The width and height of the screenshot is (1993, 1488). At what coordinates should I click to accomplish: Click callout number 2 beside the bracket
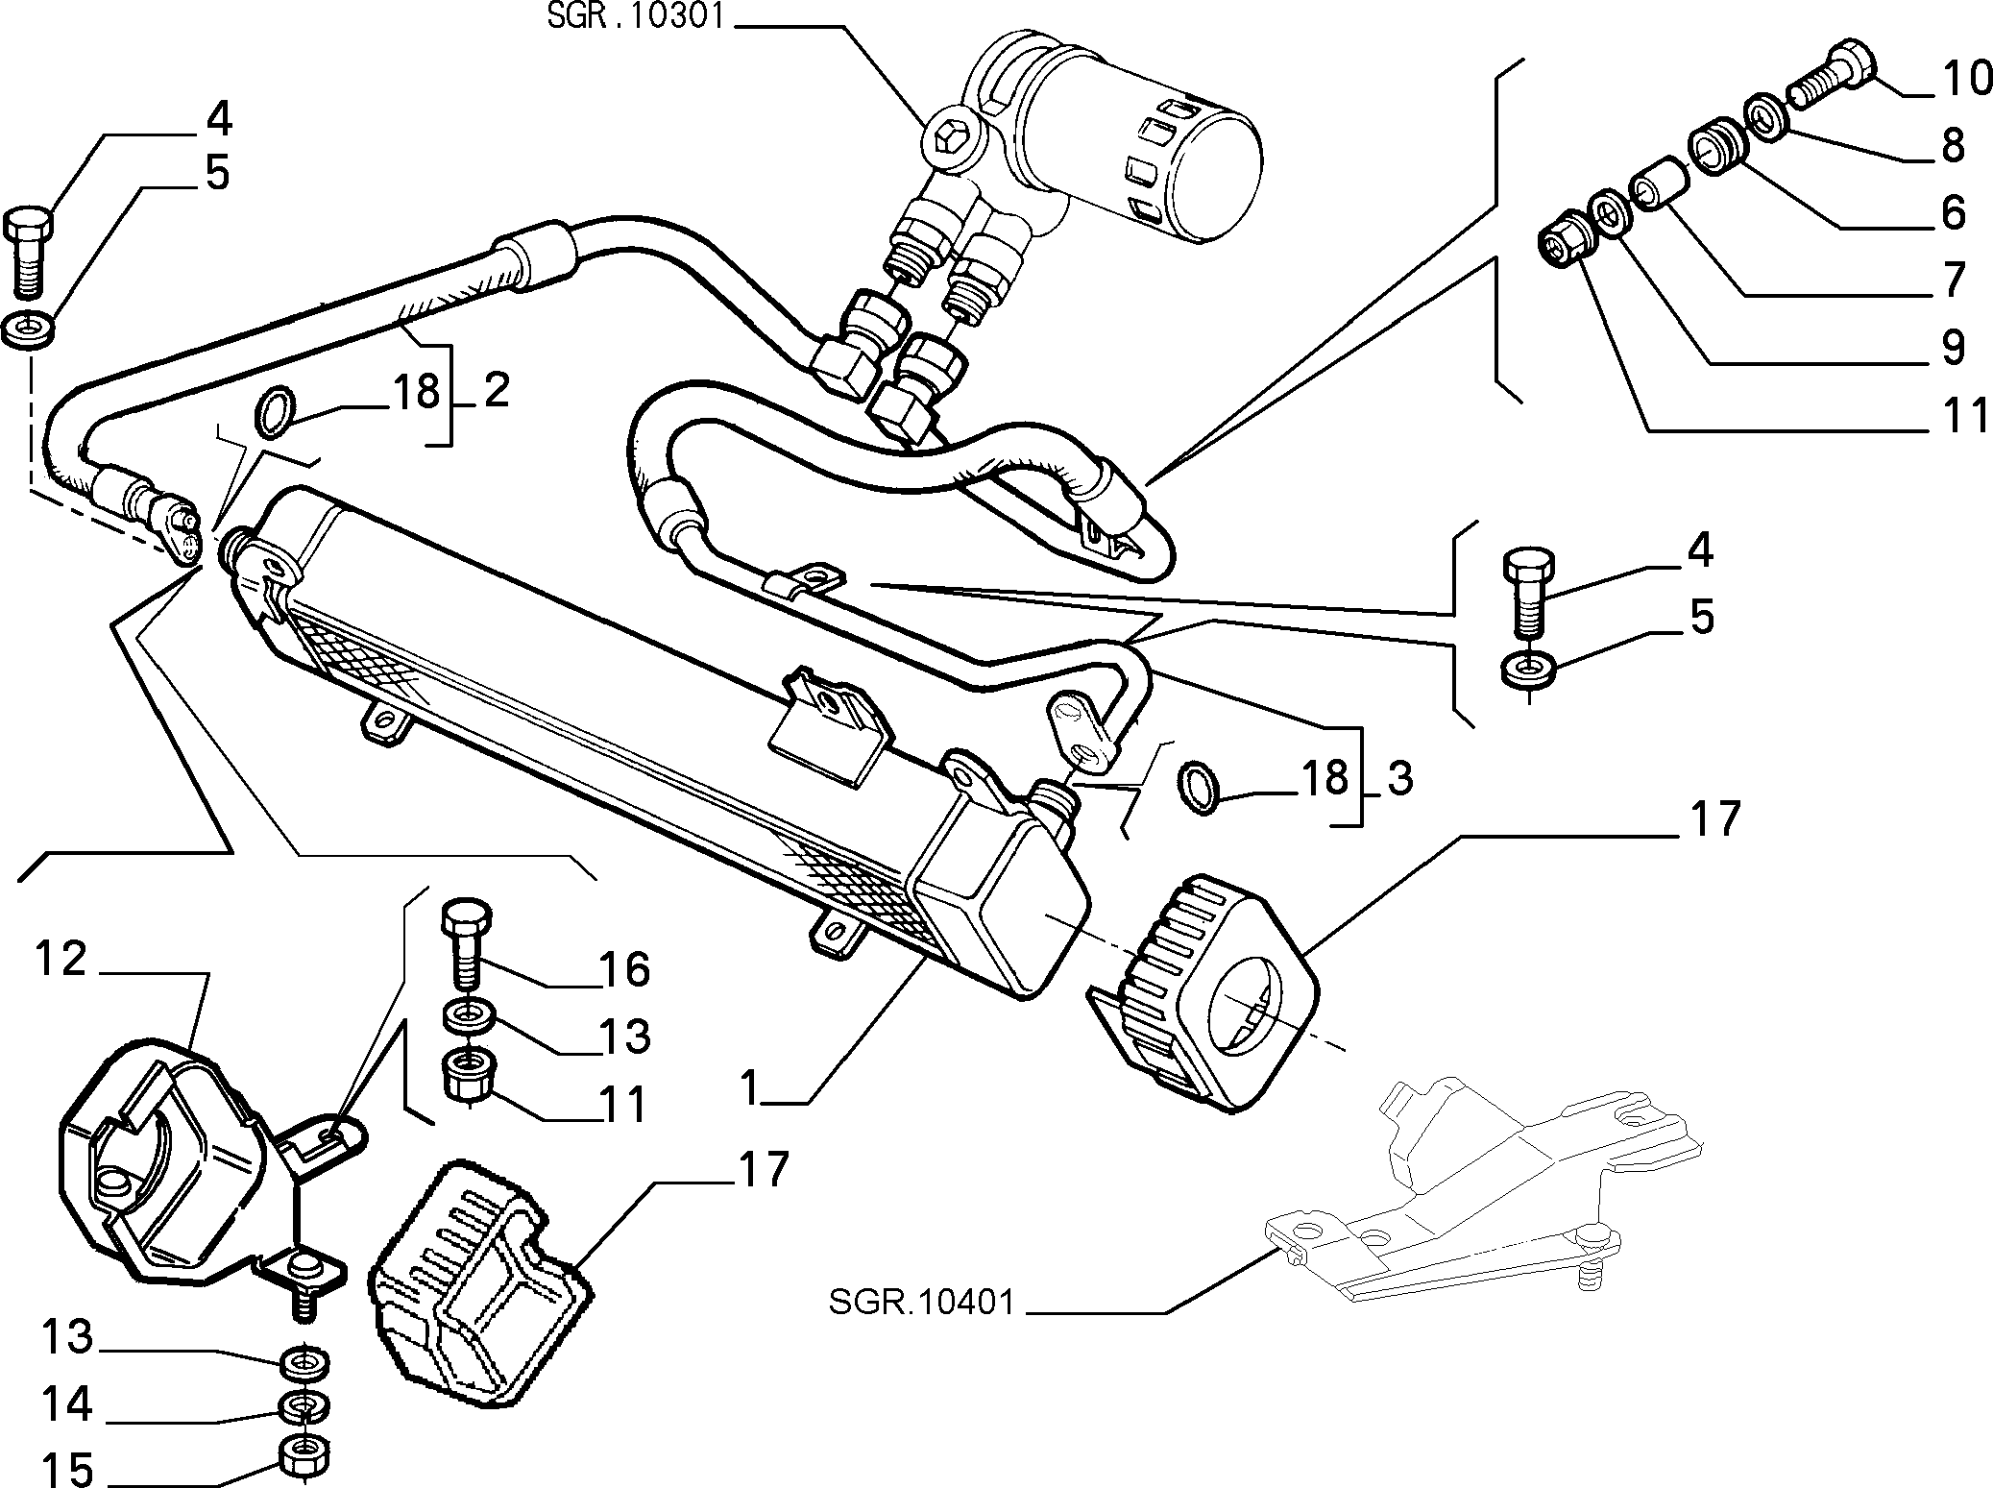point(496,391)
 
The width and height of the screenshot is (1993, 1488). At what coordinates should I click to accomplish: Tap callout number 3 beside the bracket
point(1400,778)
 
